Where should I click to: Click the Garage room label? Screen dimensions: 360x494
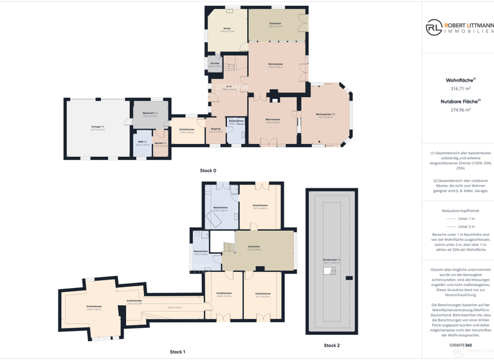point(98,127)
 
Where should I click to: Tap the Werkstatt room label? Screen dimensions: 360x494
point(150,114)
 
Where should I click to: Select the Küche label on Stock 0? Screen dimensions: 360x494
point(227,29)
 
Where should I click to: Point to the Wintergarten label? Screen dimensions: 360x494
point(325,115)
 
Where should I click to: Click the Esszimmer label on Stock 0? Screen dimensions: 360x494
point(275,24)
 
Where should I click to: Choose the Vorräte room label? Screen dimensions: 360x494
point(215,64)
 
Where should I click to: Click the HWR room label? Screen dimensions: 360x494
point(142,142)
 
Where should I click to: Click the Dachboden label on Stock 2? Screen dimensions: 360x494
point(332,260)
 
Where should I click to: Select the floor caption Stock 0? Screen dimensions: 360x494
point(208,170)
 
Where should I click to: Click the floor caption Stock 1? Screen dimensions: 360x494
point(177,352)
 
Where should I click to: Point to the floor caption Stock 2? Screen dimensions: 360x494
point(331,345)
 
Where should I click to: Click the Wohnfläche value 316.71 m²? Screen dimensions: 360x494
point(461,89)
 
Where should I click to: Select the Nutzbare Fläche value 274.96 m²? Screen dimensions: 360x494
point(461,110)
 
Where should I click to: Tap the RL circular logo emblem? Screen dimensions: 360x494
point(434,27)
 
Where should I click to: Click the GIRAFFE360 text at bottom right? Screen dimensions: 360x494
point(460,345)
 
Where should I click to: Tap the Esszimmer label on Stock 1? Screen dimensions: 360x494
point(254,247)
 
